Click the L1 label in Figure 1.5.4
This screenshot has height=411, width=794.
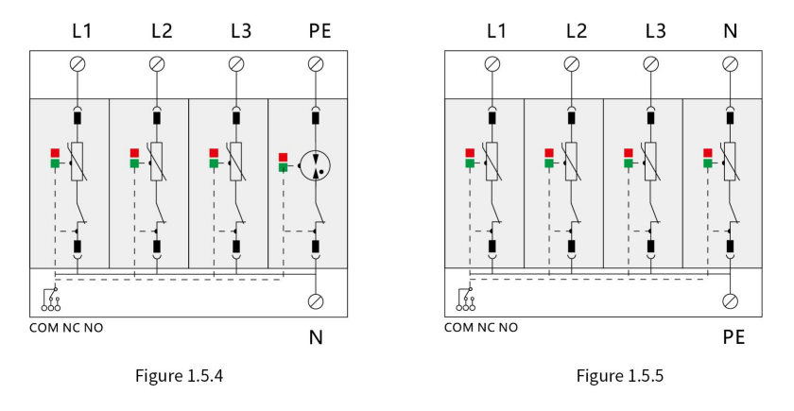point(81,31)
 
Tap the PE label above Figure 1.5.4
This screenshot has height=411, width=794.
point(319,31)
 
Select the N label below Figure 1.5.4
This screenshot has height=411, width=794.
point(316,337)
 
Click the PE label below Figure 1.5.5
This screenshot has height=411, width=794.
point(734,337)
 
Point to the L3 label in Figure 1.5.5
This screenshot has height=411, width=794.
point(655,31)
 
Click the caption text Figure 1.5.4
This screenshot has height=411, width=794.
point(179,376)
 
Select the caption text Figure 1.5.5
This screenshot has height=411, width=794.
point(620,376)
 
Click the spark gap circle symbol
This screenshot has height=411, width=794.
point(315,165)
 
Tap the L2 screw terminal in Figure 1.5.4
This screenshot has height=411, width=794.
point(157,64)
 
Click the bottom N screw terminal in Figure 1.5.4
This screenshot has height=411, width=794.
point(316,301)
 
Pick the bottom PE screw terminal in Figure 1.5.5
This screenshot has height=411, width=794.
point(730,301)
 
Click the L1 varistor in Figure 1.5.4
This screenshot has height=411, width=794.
point(77,162)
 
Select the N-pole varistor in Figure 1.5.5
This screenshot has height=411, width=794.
point(730,162)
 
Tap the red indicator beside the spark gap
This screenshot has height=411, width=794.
point(283,158)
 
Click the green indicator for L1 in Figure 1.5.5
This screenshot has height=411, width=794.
point(470,163)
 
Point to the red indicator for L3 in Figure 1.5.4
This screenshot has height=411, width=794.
point(214,153)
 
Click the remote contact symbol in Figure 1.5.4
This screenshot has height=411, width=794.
point(51,299)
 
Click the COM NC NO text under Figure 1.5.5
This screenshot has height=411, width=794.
point(481,328)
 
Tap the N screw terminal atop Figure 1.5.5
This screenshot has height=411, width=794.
point(730,64)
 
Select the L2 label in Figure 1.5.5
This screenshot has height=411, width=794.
point(577,31)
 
